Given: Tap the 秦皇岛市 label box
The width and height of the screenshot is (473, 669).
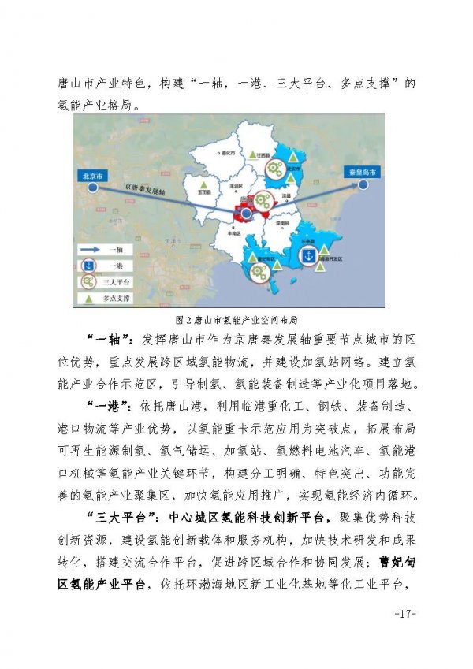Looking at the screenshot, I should pyautogui.click(x=362, y=171).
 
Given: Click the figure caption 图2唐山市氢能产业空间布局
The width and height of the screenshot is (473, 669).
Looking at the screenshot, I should pyautogui.click(x=236, y=320).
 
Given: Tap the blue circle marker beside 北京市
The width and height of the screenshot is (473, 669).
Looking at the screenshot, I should pyautogui.click(x=92, y=188).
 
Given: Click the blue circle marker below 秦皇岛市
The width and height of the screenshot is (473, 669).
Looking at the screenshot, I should pyautogui.click(x=363, y=185).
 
